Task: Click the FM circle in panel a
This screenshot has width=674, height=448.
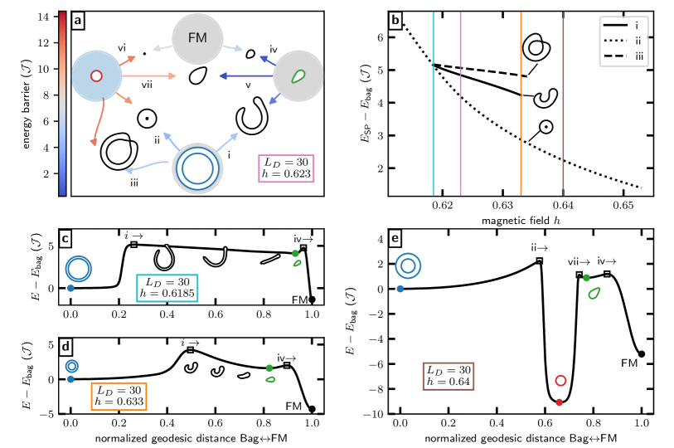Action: (x=196, y=38)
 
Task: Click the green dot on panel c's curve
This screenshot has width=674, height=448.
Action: (x=295, y=253)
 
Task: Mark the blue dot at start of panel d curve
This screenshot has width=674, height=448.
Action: (x=70, y=379)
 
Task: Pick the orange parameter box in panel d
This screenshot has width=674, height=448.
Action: (x=117, y=395)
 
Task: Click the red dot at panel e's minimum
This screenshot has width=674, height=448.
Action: (x=560, y=402)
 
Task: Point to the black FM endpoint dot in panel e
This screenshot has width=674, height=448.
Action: (x=642, y=354)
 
